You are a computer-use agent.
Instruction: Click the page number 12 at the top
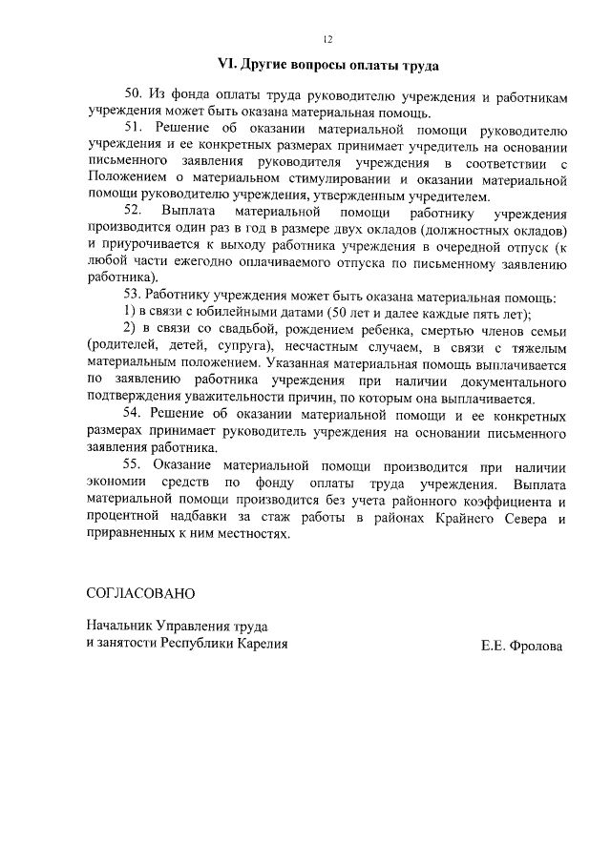327,39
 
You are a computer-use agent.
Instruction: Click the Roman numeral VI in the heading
226,66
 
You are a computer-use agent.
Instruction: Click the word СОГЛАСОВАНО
140,593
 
